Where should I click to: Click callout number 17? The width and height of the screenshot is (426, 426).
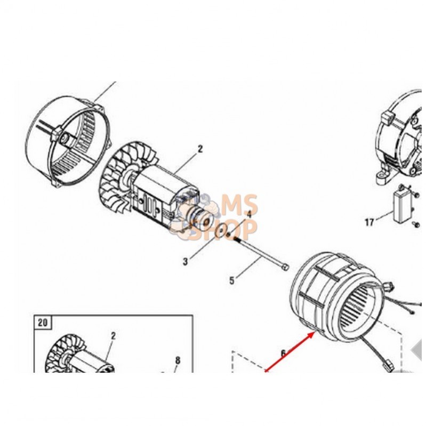(x=369, y=222)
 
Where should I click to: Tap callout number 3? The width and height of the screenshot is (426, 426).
(x=186, y=262)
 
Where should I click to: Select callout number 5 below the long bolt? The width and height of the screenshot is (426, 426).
(x=231, y=280)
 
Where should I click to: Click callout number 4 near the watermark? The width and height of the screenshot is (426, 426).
(x=249, y=214)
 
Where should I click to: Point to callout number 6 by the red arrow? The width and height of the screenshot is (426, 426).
(x=283, y=353)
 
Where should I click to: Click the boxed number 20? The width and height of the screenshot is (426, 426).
(x=42, y=323)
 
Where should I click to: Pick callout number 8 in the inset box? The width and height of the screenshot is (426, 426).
(x=178, y=360)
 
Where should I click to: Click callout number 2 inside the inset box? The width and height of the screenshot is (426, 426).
(x=113, y=336)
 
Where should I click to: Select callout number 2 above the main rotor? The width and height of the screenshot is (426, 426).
(x=200, y=149)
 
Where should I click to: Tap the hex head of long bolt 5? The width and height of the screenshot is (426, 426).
(x=285, y=267)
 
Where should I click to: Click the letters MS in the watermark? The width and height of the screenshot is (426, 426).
(x=239, y=204)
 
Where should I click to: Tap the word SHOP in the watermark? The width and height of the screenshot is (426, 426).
(x=226, y=230)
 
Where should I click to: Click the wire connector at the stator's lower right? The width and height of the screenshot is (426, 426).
(x=390, y=365)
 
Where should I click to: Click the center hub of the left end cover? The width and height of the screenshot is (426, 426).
(x=65, y=139)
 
